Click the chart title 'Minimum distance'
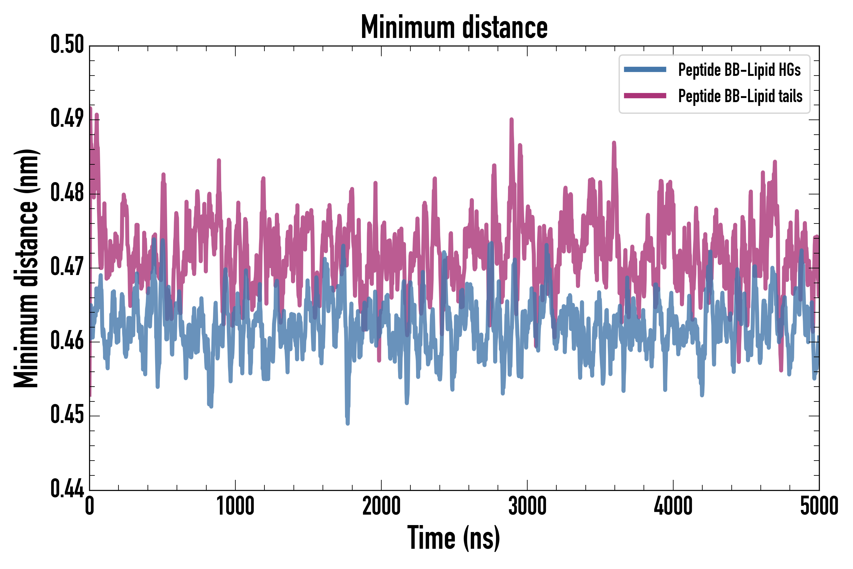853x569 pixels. click(454, 27)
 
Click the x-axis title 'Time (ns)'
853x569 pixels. click(454, 538)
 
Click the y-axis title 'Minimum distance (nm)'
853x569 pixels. click(26, 268)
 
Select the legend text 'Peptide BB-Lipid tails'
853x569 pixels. click(740, 96)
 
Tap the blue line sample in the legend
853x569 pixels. click(645, 70)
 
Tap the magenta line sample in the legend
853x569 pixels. click(645, 96)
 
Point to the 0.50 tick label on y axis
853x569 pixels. click(67, 45)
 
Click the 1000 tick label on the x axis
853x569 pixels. click(235, 506)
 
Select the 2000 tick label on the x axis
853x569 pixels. click(381, 506)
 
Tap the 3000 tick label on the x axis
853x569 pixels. click(527, 506)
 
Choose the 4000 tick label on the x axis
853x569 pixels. click(673, 506)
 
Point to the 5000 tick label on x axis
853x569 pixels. click(819, 506)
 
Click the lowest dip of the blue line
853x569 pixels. click(348, 423)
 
